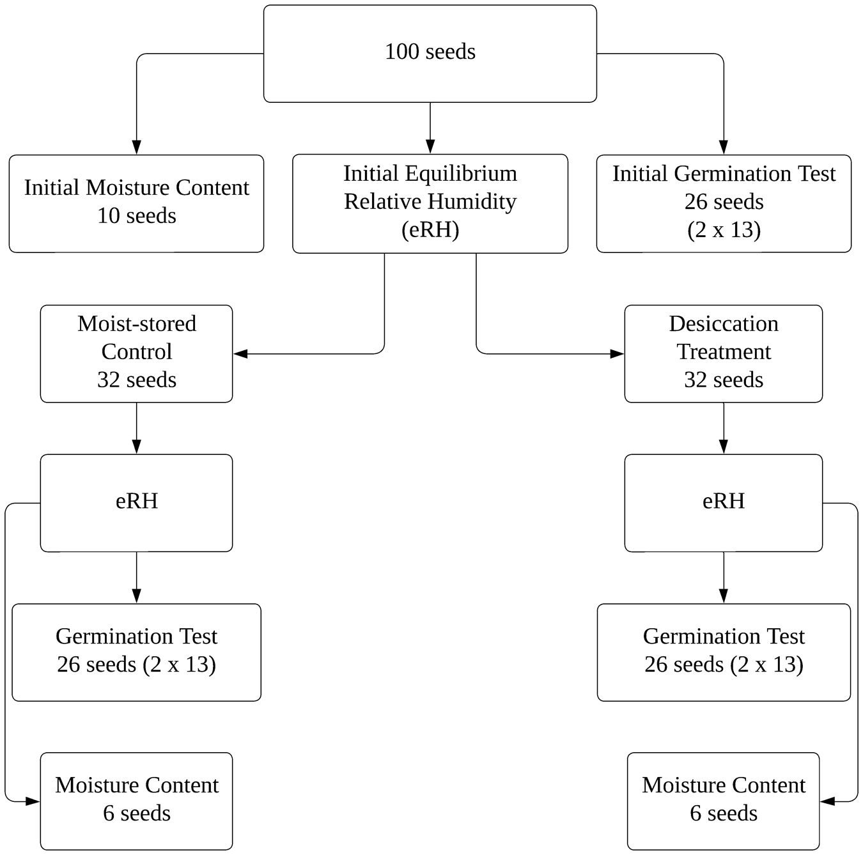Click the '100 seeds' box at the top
point(430,54)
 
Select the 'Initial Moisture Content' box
point(136,203)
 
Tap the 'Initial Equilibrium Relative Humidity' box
point(430,203)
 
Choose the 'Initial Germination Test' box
point(724,203)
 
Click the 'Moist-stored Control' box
point(136,353)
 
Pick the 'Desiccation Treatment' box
point(723,353)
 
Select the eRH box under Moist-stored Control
point(136,503)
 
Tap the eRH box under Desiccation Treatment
point(723,503)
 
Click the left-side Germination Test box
point(136,652)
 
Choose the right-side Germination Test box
point(724,652)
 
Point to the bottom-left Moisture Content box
point(136,801)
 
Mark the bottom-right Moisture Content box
point(723,801)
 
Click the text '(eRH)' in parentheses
point(430,229)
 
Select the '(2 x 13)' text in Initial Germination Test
point(724,229)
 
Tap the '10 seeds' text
point(136,216)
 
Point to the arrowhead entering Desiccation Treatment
point(617,353)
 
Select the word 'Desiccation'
point(723,324)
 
